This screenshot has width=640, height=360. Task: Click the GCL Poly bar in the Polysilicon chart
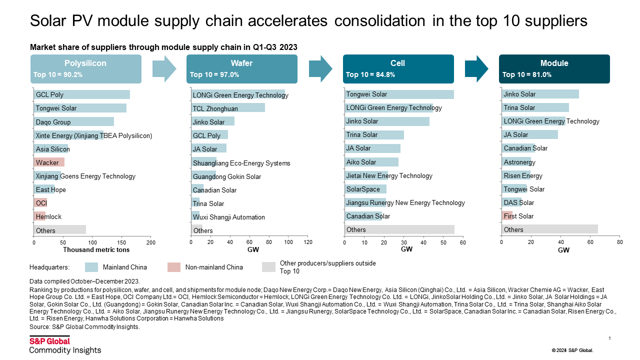pos(82,94)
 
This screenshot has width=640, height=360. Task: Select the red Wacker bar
pos(49,162)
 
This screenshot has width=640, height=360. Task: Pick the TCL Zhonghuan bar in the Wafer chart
pos(228,108)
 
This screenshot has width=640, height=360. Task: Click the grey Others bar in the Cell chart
pos(399,229)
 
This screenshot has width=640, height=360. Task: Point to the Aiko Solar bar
pos(371,162)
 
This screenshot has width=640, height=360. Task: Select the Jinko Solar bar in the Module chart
pos(540,94)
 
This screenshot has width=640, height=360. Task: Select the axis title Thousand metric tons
pos(96,249)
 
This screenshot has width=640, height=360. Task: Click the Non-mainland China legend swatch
pos(174,267)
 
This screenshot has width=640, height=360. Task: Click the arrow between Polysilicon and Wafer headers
pos(164,68)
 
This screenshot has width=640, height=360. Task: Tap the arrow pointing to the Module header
pos(476,68)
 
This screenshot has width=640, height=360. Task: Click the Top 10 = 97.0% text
pos(214,75)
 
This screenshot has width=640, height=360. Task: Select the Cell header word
pos(397,63)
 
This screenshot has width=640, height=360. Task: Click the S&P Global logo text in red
pos(49,341)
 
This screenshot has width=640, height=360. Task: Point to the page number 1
pos(610,338)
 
